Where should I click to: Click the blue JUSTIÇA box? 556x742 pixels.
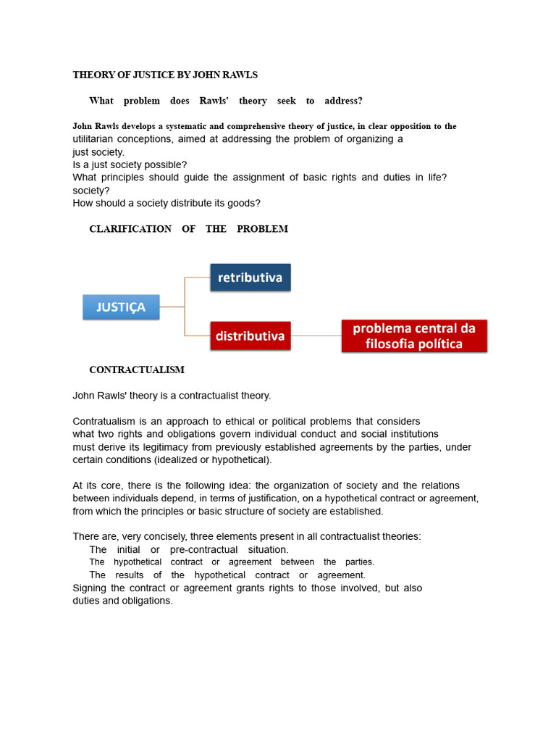121,307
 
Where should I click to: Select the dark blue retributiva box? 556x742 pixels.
250,278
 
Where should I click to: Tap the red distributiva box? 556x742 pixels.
250,336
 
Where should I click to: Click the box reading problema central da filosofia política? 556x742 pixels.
414,336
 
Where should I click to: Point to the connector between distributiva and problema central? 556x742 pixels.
316,336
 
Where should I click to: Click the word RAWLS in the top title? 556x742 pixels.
240,75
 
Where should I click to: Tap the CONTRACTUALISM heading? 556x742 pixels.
137,370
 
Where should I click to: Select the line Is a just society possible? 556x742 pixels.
130,164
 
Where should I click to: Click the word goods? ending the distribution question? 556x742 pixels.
243,204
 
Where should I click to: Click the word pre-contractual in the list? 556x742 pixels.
205,550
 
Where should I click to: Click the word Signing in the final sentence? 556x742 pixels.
90,588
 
